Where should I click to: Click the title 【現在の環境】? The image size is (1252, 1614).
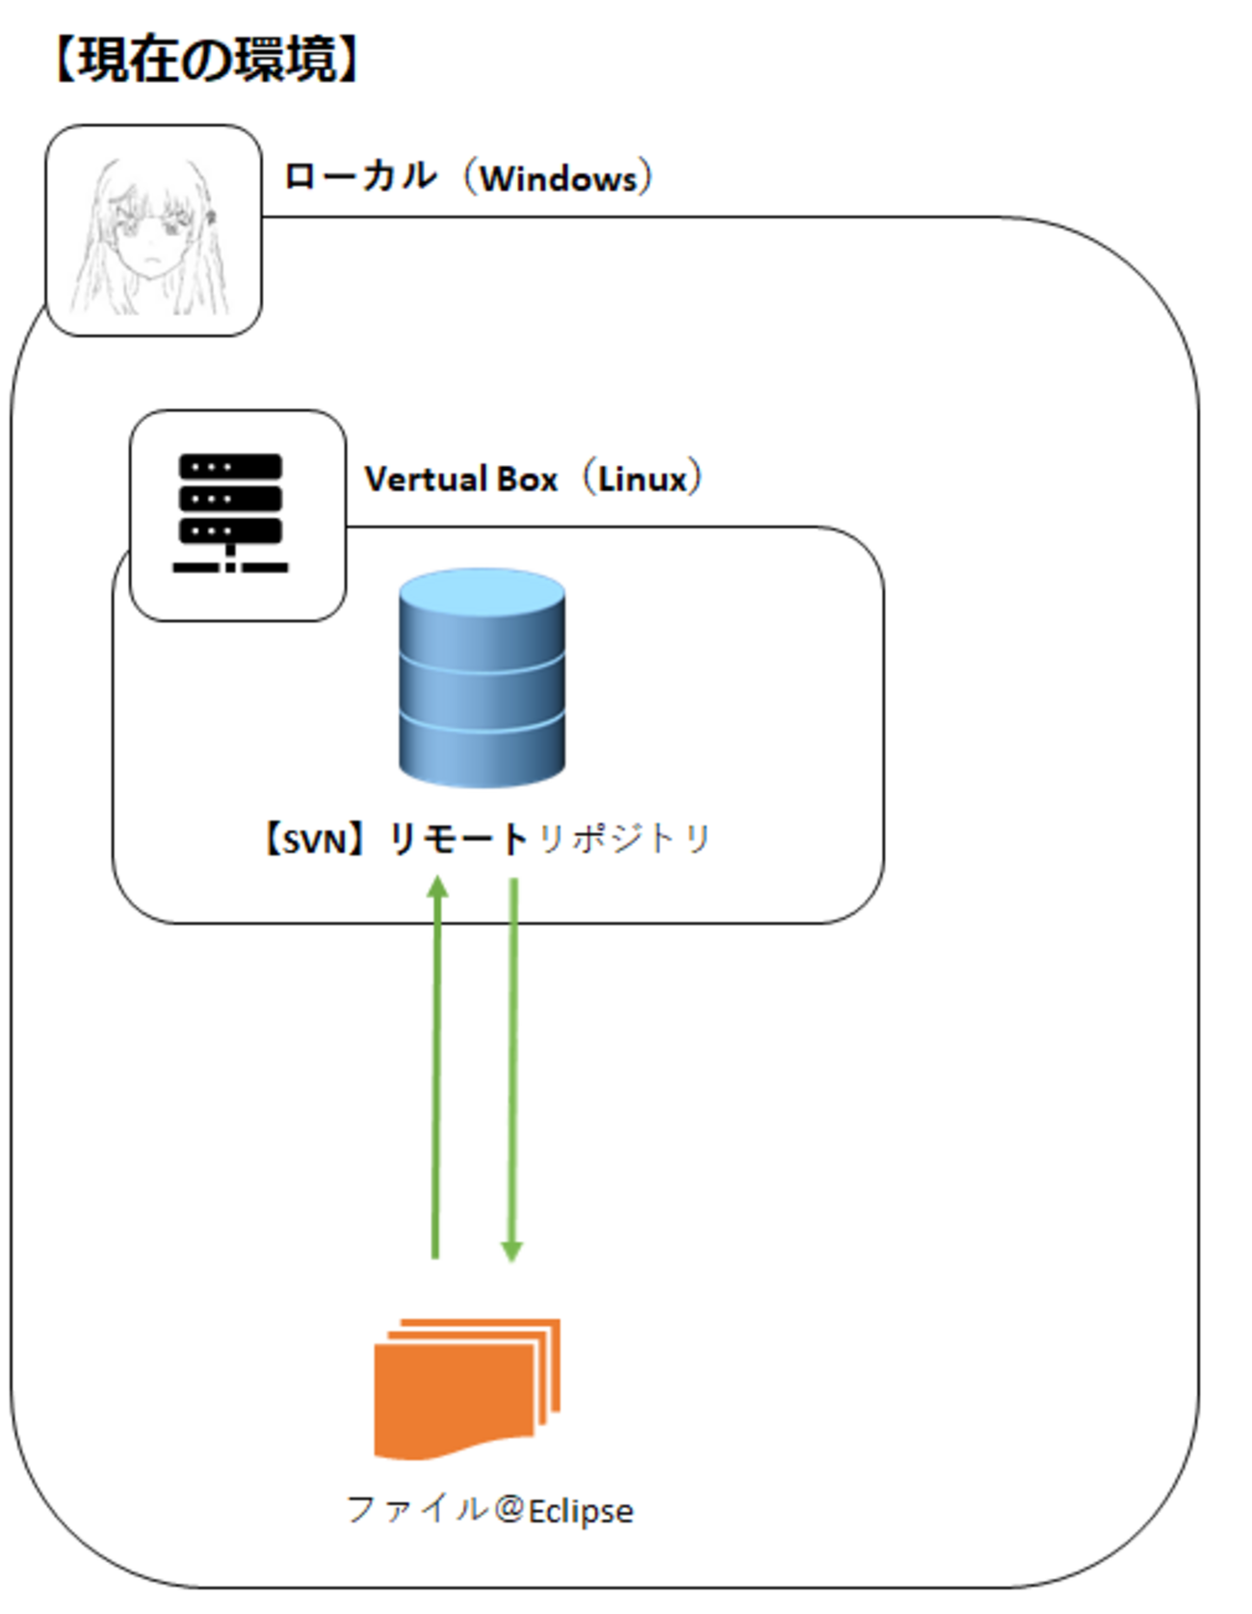(x=207, y=60)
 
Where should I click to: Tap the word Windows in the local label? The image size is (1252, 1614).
(x=559, y=179)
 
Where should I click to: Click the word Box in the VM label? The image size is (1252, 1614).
(x=526, y=479)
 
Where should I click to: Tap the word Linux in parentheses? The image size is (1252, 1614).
(x=642, y=479)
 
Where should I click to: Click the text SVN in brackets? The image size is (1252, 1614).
(x=314, y=842)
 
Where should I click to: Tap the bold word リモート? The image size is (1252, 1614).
(x=457, y=840)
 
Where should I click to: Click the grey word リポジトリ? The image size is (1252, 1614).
(x=623, y=840)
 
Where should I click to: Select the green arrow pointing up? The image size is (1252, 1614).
(x=437, y=1069)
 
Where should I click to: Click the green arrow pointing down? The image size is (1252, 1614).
(x=512, y=1069)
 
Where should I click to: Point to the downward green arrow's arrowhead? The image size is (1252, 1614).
(x=511, y=1250)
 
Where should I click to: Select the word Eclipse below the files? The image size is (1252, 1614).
(x=581, y=1511)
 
